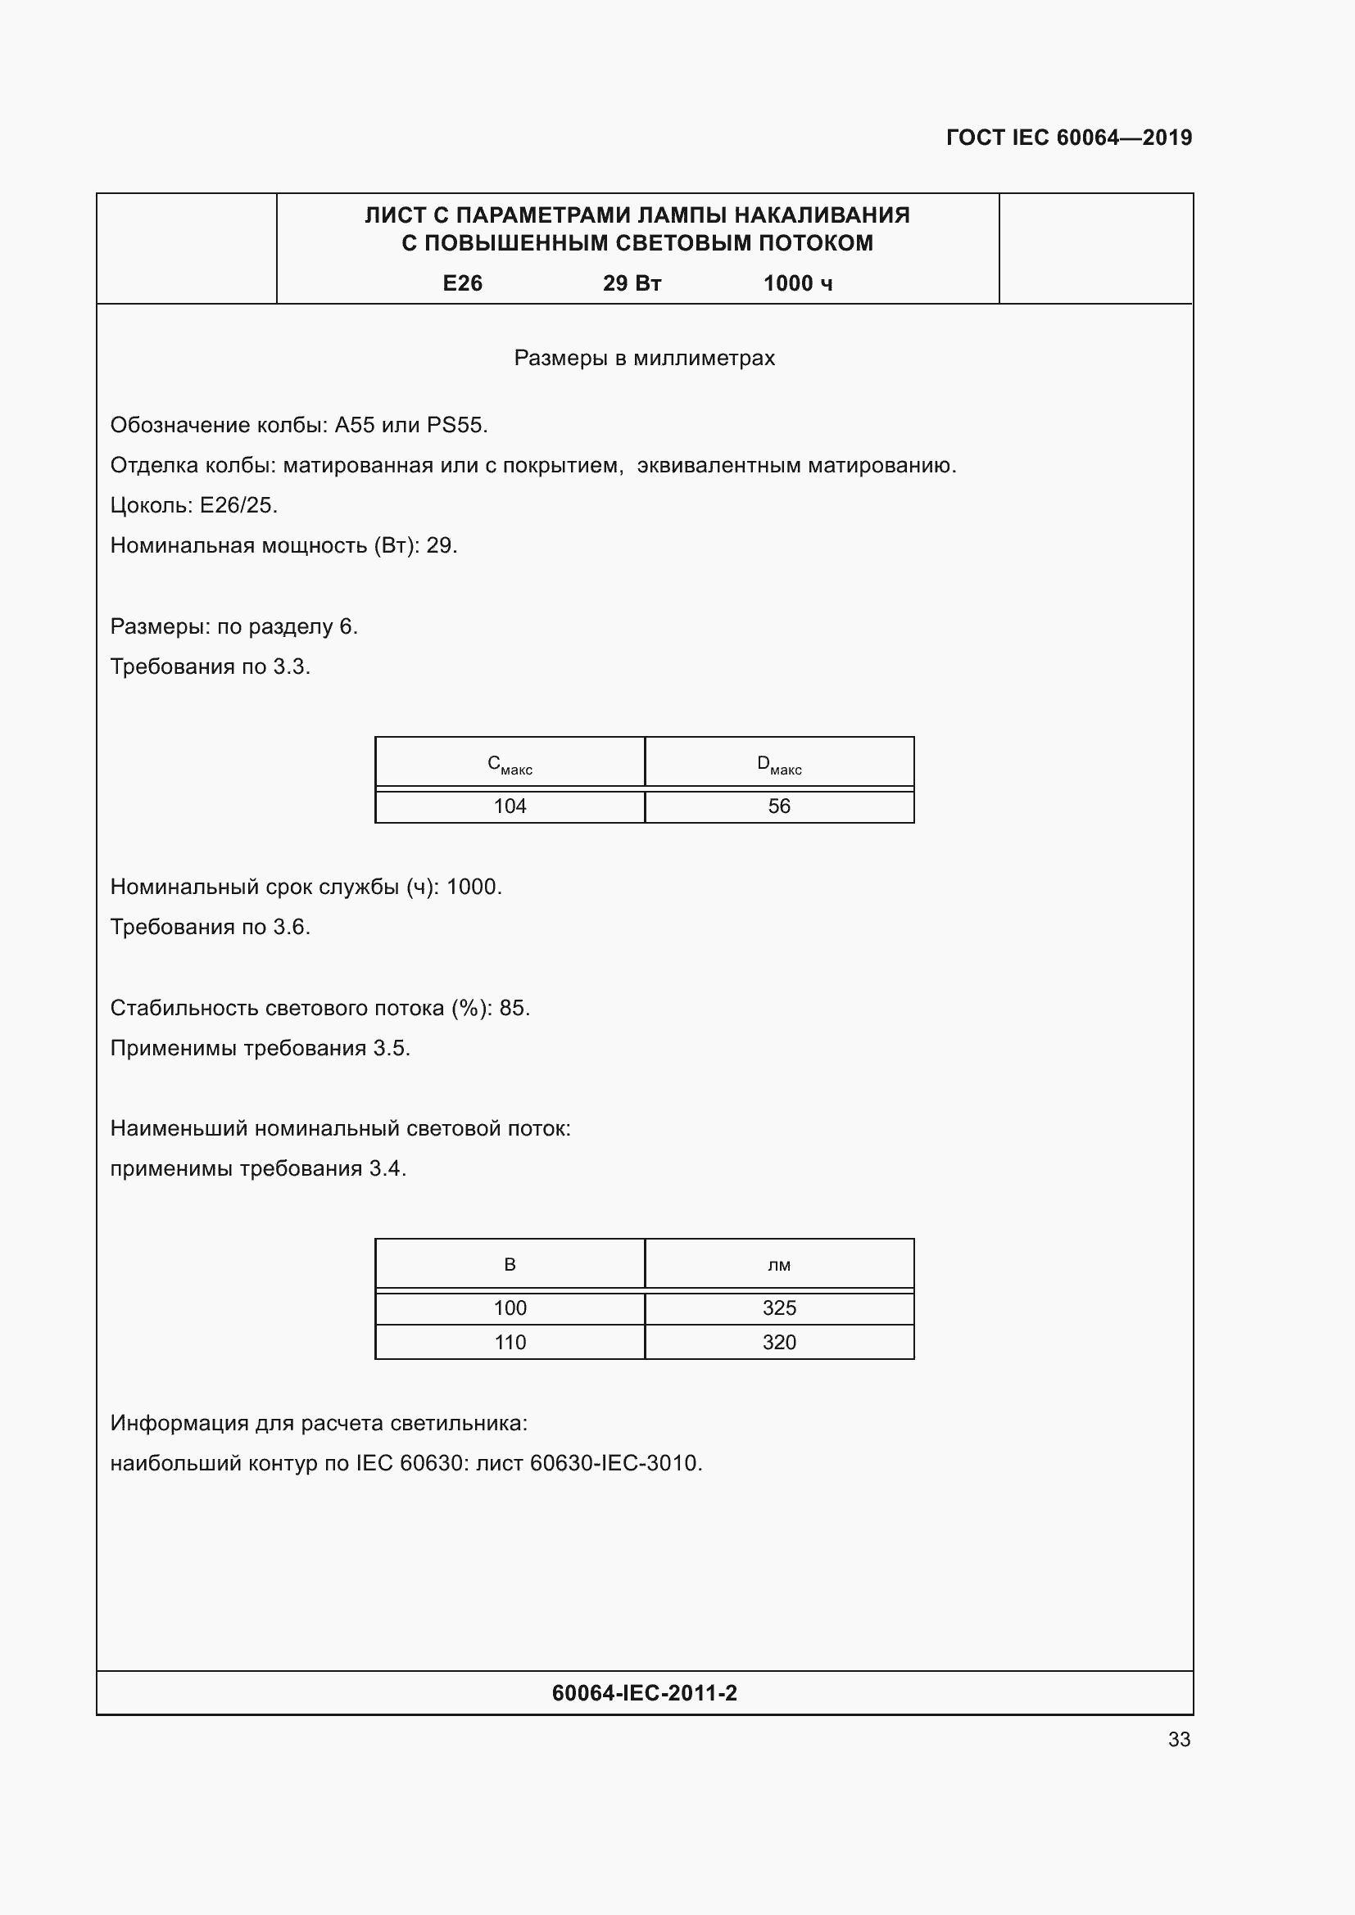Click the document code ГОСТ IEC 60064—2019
coord(1069,138)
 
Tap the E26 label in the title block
coord(462,283)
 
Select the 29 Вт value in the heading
coord(632,283)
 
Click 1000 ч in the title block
coord(798,283)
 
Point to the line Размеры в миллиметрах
coord(644,358)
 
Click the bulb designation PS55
coord(455,426)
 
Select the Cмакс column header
coord(510,764)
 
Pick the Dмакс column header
coord(778,764)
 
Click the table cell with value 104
coord(510,806)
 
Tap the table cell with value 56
coord(778,806)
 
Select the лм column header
coord(778,1265)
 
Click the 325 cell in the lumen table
coord(778,1308)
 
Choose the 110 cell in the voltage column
coord(510,1342)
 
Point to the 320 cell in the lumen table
coord(778,1342)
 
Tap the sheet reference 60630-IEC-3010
coord(615,1463)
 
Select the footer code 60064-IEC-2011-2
coord(644,1692)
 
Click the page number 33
coord(1179,1739)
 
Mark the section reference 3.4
coord(387,1168)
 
